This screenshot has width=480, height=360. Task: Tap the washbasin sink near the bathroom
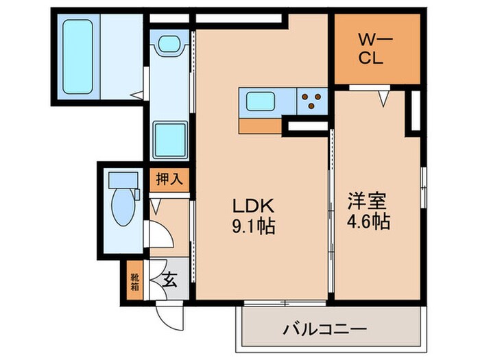[x=167, y=47]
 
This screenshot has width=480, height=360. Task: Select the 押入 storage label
[x=168, y=181]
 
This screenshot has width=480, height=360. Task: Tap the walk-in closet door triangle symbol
[x=383, y=99]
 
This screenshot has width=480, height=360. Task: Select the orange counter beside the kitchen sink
[x=260, y=126]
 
